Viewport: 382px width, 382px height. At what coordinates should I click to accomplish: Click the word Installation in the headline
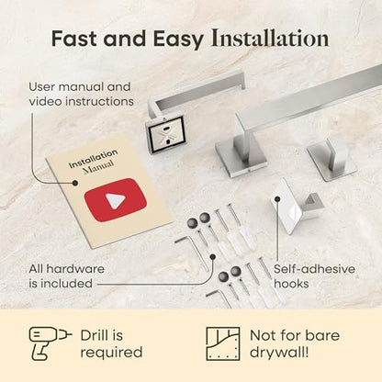(x=270, y=39)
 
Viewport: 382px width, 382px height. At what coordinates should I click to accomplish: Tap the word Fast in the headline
(x=74, y=39)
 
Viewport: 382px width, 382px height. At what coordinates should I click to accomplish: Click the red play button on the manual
(x=116, y=200)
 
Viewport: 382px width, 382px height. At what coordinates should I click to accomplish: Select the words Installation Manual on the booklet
(x=94, y=162)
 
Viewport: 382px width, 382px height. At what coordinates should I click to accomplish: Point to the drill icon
(x=50, y=343)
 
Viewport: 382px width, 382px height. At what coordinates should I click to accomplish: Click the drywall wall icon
(x=222, y=343)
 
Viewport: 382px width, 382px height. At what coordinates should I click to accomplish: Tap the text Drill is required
(x=111, y=343)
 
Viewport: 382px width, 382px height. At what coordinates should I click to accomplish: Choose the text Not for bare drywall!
(x=295, y=343)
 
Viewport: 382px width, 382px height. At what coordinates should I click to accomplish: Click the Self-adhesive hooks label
(x=314, y=276)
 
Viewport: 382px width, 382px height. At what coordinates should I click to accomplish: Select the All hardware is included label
(x=67, y=276)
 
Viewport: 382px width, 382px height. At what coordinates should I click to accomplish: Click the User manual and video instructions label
(x=81, y=95)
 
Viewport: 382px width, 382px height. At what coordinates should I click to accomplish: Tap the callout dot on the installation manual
(x=74, y=183)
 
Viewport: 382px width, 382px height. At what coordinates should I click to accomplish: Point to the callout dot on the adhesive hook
(x=277, y=199)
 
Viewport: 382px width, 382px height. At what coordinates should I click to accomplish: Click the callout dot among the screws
(x=213, y=256)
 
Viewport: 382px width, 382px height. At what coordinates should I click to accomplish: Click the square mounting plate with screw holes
(x=165, y=134)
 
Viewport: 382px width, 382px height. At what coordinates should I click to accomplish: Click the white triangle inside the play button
(x=116, y=201)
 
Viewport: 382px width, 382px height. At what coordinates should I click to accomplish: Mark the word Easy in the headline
(x=178, y=39)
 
